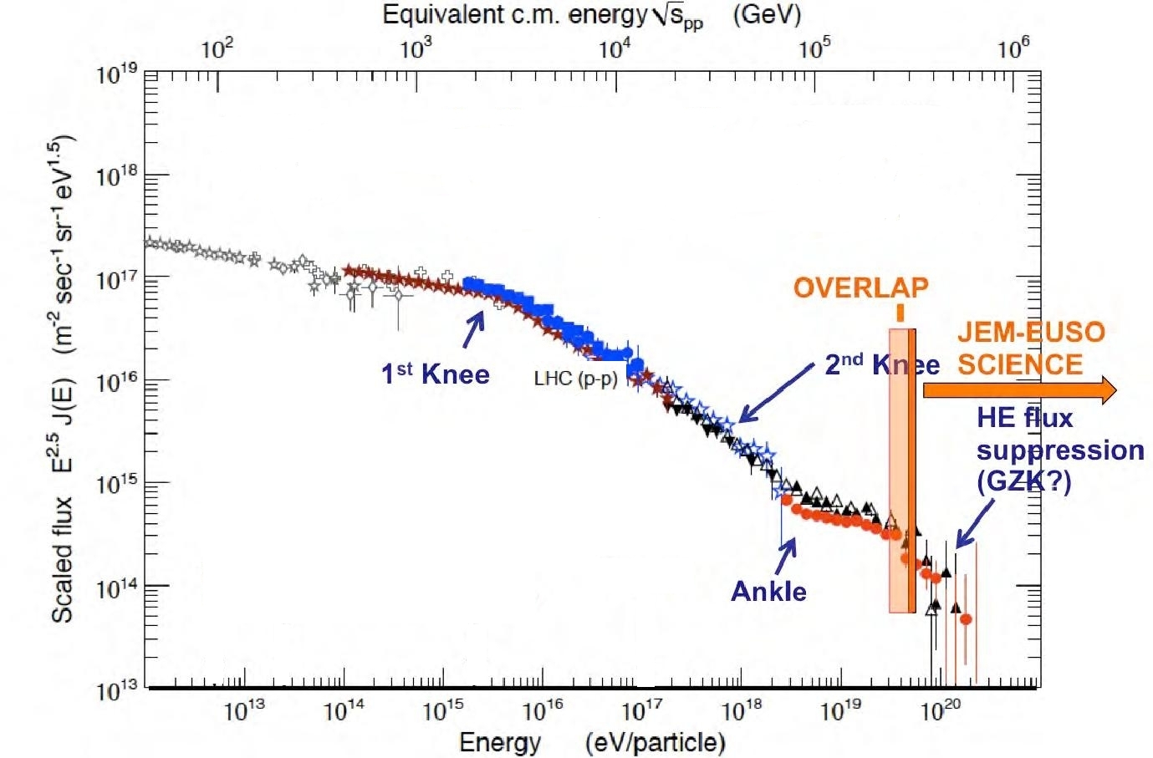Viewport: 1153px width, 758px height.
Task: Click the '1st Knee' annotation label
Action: (435, 374)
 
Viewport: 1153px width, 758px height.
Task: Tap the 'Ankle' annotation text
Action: (768, 592)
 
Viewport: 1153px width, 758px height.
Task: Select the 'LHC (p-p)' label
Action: (575, 379)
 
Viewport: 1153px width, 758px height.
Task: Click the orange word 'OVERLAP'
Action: (860, 288)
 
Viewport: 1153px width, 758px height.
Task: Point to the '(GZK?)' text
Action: (1023, 482)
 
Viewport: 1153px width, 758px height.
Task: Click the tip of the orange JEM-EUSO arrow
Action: (1114, 390)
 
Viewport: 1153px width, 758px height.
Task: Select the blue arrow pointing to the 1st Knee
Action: (473, 328)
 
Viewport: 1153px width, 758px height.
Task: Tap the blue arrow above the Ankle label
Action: (786, 555)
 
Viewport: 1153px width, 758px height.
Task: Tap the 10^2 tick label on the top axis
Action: (217, 48)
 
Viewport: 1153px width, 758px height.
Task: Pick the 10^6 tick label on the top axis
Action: (1013, 48)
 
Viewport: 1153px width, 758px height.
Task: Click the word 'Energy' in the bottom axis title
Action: (500, 742)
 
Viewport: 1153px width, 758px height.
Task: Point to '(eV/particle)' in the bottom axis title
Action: (656, 742)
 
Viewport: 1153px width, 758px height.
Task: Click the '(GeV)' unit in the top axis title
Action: (767, 15)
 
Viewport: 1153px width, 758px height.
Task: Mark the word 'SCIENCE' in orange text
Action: (1019, 365)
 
